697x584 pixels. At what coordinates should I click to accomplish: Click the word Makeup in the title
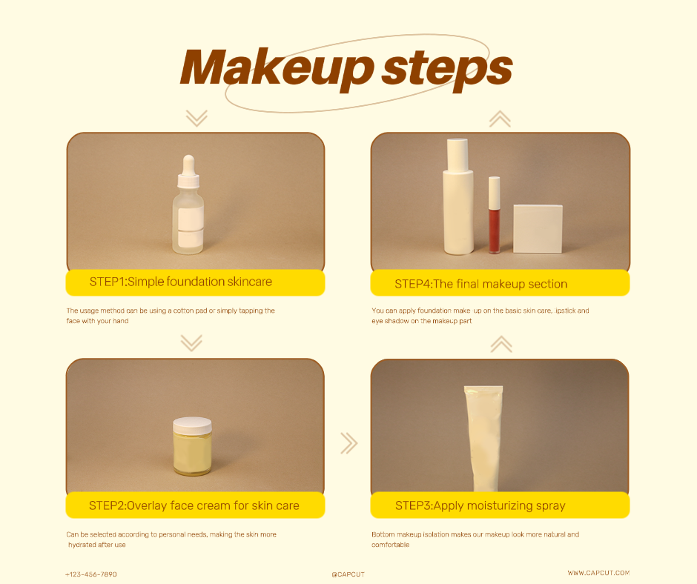tap(277, 68)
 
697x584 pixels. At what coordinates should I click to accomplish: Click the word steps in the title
tap(447, 70)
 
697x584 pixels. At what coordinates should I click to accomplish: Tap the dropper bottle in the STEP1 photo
tap(188, 205)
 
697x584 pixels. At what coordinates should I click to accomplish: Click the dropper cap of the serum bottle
tap(188, 171)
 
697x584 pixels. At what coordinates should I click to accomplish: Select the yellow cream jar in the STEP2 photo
tap(192, 446)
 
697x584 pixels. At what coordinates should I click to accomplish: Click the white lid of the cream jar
tap(192, 426)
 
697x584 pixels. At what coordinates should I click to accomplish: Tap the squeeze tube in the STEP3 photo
tap(483, 439)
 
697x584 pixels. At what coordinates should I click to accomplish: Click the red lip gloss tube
tap(495, 215)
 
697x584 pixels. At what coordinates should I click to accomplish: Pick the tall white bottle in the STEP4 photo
tap(458, 197)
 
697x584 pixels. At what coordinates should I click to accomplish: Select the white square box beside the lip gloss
tap(538, 229)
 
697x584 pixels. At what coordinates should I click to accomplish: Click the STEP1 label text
tap(180, 282)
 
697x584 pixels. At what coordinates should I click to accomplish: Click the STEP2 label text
tap(194, 505)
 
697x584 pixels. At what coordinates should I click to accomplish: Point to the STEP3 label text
tap(480, 505)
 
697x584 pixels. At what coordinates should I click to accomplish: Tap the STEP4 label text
tap(481, 284)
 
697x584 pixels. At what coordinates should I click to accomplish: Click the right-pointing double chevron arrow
tap(349, 443)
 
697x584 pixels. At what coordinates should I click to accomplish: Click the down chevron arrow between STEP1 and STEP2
tap(191, 342)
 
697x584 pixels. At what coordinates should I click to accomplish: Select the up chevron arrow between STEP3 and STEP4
tap(501, 345)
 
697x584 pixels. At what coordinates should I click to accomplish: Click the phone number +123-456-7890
tap(91, 574)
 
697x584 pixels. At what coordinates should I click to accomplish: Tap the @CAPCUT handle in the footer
tap(348, 574)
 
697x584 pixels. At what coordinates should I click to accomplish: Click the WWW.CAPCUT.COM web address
tap(598, 573)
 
